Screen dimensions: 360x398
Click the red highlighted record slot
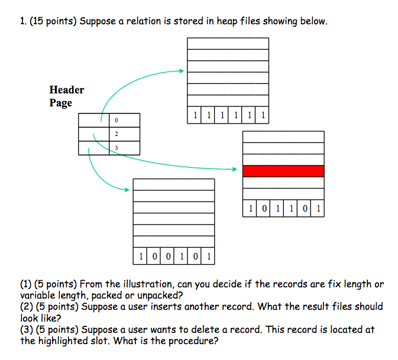click(283, 171)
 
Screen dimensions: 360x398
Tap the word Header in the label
click(66, 90)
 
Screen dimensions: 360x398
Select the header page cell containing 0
click(124, 121)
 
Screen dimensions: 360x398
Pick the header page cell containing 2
click(124, 134)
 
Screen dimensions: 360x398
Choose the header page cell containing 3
click(124, 148)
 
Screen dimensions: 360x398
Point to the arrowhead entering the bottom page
click(127, 190)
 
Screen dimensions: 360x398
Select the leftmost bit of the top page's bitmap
click(194, 115)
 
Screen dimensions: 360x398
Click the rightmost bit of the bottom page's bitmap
click(208, 257)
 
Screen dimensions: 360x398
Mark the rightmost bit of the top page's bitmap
click(262, 115)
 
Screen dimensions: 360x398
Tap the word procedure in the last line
click(187, 340)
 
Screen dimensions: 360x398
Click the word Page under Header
click(61, 103)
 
